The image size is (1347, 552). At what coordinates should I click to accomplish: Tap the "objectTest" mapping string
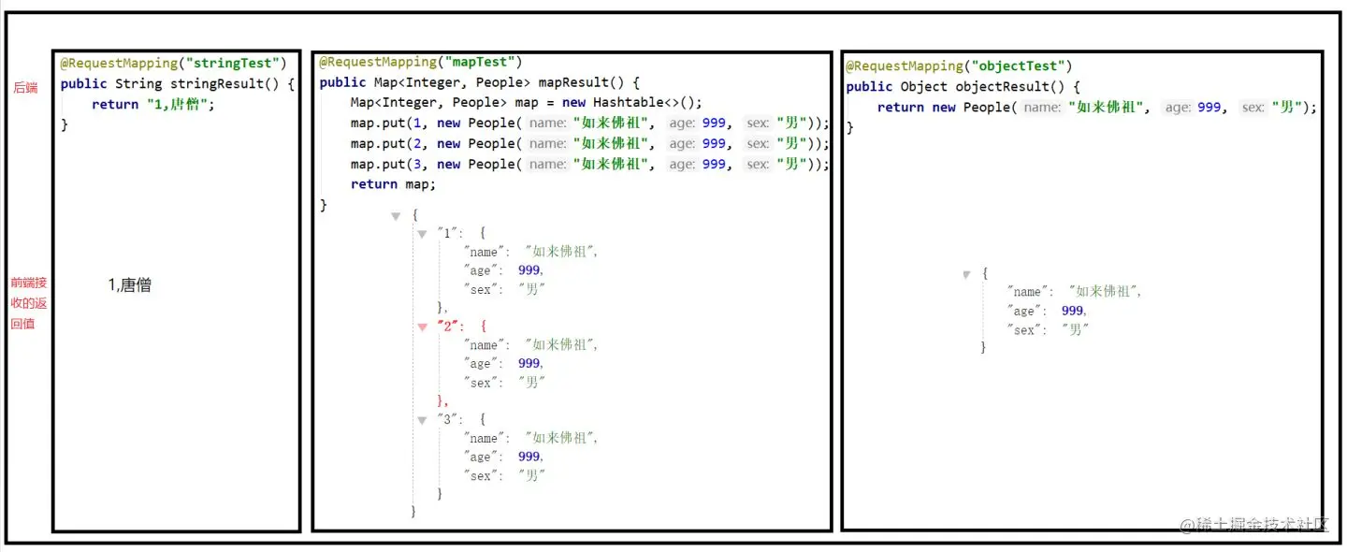1021,65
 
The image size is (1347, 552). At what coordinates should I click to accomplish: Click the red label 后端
25,87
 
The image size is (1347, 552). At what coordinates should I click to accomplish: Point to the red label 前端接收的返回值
28,302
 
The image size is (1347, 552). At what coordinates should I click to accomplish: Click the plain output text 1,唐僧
130,285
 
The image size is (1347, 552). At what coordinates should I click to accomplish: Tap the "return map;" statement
393,184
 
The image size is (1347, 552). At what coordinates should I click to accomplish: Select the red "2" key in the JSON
448,326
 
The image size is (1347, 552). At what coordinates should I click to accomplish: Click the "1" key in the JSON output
447,233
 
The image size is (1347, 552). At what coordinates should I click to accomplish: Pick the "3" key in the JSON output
447,419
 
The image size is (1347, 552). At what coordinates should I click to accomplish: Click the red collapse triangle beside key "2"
422,327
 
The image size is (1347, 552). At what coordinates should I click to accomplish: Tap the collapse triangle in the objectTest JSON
966,274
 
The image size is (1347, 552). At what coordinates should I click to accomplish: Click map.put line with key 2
589,143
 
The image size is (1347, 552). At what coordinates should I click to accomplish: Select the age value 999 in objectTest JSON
1073,311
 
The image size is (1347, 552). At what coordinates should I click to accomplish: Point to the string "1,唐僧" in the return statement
180,104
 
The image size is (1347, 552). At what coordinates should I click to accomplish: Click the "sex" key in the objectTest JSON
1024,329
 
